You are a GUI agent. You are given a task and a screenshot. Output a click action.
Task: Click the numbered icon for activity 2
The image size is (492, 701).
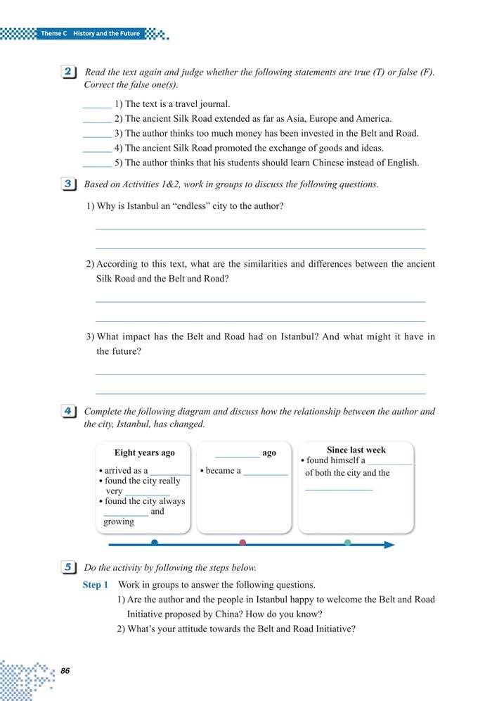pos(70,73)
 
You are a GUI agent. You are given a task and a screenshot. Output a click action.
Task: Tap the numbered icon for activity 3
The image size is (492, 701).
pos(70,184)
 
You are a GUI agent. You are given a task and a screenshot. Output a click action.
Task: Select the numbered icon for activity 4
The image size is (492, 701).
pos(70,411)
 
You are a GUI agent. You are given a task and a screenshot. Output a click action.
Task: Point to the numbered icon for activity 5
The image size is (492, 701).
pos(70,567)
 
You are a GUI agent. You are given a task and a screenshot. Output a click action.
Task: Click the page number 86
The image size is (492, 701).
pos(65,671)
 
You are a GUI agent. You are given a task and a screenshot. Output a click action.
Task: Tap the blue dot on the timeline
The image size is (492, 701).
pos(155,543)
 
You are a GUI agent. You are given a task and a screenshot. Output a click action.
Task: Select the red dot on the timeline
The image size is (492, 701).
pos(242,543)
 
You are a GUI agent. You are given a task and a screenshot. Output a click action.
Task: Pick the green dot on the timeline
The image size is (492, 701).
pos(347,543)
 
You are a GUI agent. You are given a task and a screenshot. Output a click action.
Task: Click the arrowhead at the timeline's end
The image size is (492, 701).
pos(389,545)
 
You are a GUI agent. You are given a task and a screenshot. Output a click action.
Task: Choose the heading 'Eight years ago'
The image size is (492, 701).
pos(145,453)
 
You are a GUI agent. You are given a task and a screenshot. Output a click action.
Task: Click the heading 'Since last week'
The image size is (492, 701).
pos(356,450)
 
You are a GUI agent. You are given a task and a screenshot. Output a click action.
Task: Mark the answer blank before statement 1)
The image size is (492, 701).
pos(96,106)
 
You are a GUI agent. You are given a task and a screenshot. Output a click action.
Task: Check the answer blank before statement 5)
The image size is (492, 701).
pos(96,165)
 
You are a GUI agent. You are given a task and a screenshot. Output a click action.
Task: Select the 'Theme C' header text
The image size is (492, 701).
pos(53,34)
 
